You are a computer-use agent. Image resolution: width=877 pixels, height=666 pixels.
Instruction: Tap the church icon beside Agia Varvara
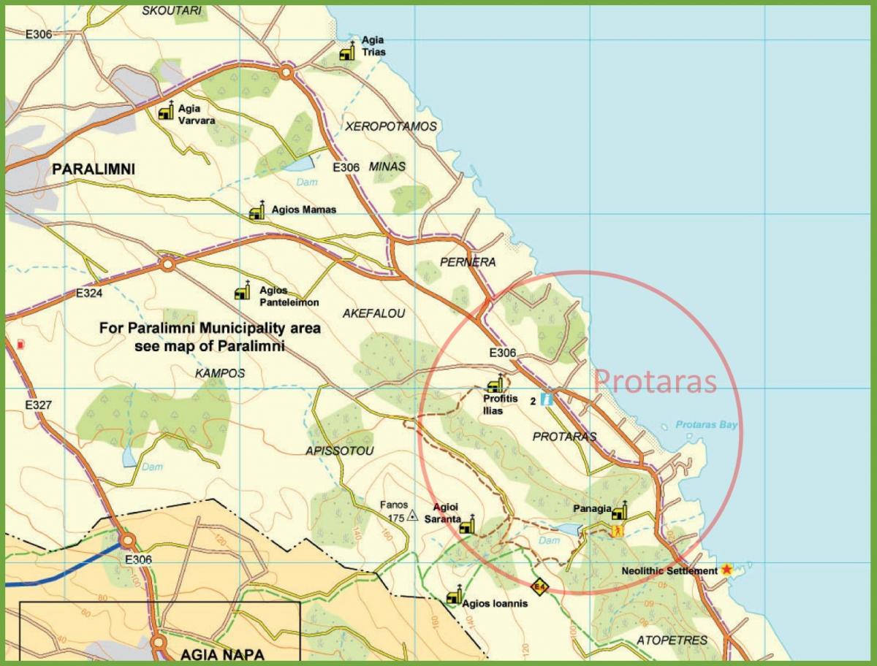tap(166, 111)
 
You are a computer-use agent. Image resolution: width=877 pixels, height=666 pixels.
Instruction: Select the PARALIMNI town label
tap(94, 169)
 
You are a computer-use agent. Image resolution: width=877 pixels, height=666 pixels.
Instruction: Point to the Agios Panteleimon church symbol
tap(242, 291)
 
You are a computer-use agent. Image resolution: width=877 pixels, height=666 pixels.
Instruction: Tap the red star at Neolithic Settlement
tap(726, 569)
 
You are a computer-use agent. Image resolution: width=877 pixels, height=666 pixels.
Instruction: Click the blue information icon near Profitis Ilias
tap(547, 400)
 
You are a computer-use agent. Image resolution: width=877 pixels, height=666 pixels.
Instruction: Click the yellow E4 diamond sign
tap(539, 586)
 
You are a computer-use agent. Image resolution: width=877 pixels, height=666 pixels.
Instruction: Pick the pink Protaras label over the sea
tap(655, 381)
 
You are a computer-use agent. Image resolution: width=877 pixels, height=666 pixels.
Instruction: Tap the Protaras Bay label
tap(706, 425)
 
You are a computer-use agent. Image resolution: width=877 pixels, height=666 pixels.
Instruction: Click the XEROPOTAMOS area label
tap(391, 126)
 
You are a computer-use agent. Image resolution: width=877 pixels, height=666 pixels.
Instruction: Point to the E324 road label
tap(89, 294)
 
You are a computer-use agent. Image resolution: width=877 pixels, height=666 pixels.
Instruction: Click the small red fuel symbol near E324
tap(20, 343)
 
